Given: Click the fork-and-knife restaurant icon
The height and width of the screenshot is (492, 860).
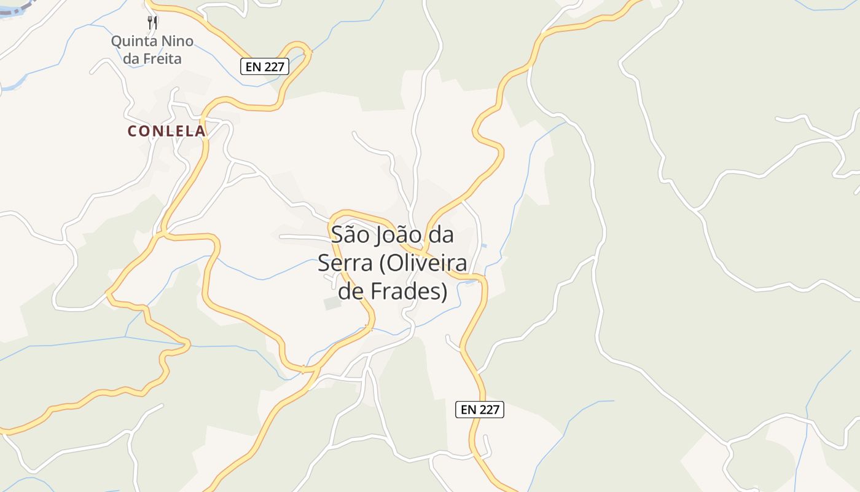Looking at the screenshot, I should (152, 23).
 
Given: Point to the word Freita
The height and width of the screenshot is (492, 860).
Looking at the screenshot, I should (161, 59).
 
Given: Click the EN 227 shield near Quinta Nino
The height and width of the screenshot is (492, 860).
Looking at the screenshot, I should (264, 66).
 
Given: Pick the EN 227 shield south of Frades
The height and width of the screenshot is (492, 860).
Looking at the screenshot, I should (479, 410).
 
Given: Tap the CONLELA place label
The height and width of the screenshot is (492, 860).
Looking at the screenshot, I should (166, 131).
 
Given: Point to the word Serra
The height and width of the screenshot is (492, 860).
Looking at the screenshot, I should (345, 263).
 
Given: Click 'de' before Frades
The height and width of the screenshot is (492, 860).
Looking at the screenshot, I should (351, 292).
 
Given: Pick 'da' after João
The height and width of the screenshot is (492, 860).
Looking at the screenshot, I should (440, 235).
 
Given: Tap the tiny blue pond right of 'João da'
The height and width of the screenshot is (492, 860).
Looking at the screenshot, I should (485, 246).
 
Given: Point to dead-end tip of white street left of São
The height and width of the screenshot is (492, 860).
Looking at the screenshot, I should (281, 237).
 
